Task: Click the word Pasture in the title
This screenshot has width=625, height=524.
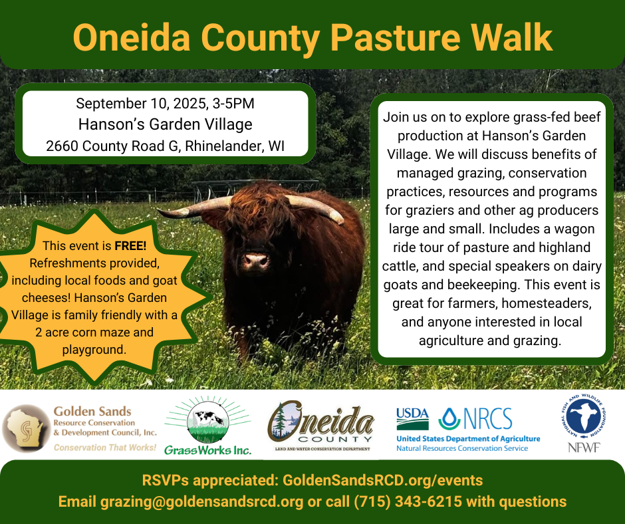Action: (x=394, y=37)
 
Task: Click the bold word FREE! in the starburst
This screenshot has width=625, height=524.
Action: (x=130, y=245)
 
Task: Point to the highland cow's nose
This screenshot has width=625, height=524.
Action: (x=255, y=261)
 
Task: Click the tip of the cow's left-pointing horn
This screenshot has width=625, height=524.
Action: (x=158, y=210)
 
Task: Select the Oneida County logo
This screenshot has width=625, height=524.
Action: (x=321, y=427)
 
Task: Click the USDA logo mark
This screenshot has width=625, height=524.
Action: (x=412, y=418)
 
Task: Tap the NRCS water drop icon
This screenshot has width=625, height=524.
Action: (x=449, y=419)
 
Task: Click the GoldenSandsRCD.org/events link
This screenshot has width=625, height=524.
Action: (x=383, y=480)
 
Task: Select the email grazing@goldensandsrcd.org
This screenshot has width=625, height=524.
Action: (x=201, y=501)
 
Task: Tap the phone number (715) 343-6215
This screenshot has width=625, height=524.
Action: (x=408, y=501)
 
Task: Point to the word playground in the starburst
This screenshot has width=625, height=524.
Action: (x=94, y=350)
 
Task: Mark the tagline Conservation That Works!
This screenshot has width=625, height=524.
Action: (x=105, y=448)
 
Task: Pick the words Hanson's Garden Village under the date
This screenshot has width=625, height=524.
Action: (x=166, y=124)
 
